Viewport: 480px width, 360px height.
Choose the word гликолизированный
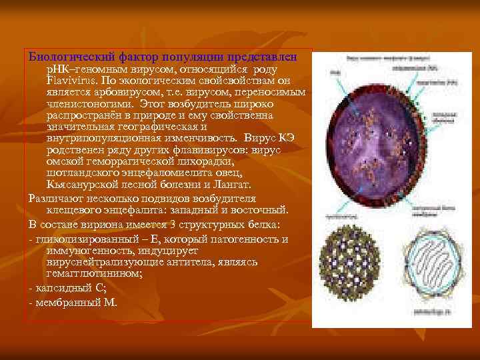pyautogui.click(x=84, y=239)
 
